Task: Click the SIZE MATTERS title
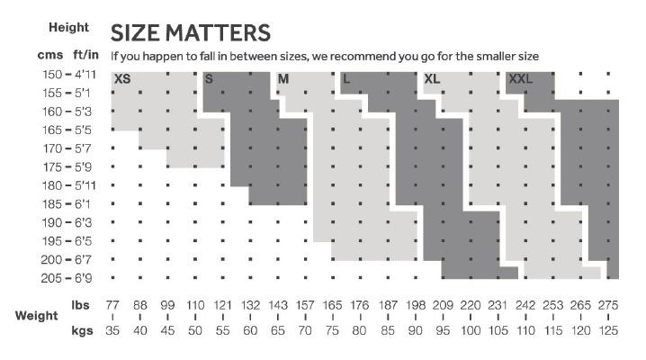(190, 33)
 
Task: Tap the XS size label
(122, 79)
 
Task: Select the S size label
(209, 79)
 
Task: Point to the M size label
(283, 79)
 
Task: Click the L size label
(346, 79)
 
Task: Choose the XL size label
(432, 79)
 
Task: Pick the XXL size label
(521, 79)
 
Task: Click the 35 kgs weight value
(113, 330)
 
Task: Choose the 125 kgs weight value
(608, 330)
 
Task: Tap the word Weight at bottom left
(37, 317)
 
